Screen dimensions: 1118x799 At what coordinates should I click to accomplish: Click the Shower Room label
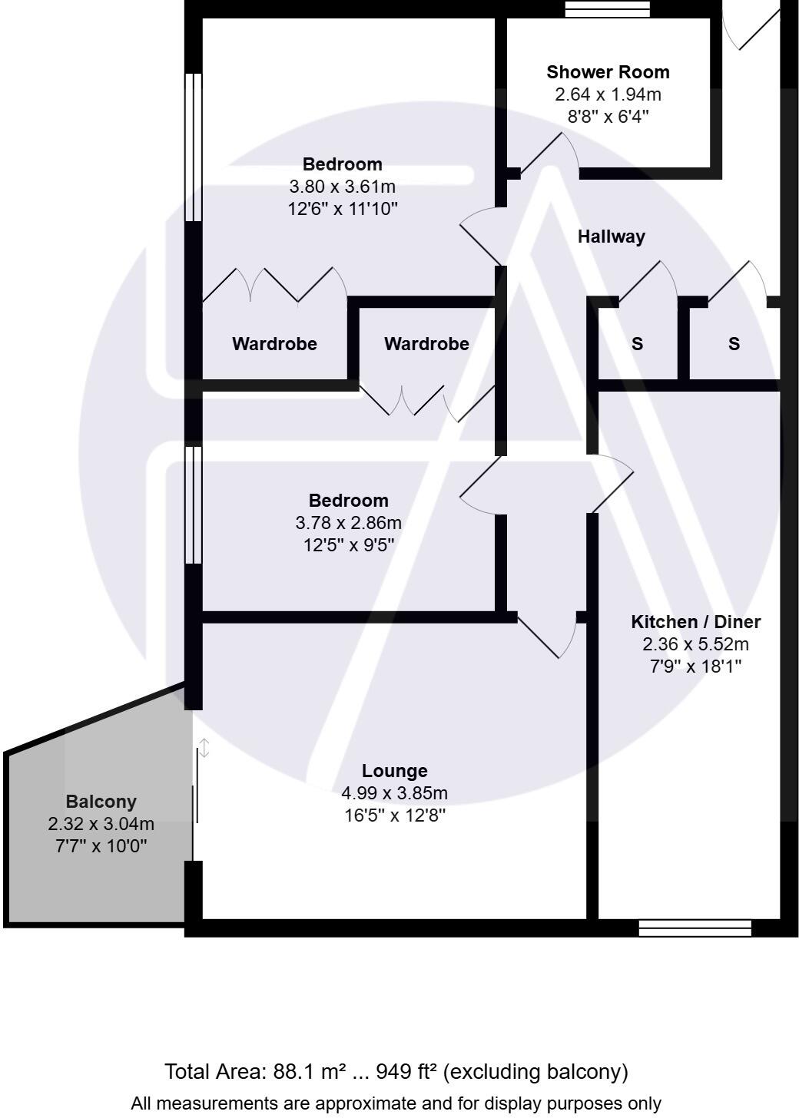[x=608, y=72]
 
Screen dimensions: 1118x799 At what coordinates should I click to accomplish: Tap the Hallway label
[x=611, y=237]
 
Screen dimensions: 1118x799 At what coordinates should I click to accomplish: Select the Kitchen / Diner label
[x=695, y=622]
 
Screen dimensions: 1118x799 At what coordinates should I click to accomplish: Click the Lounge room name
[x=394, y=771]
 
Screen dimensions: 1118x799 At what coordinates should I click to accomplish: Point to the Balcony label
[x=101, y=802]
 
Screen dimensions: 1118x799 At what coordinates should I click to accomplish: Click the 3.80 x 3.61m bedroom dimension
[x=342, y=187]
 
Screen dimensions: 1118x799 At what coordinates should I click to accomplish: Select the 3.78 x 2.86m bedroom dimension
[x=348, y=523]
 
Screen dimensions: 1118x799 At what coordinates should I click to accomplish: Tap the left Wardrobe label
[x=274, y=344]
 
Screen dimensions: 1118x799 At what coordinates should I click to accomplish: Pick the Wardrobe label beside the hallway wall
[x=426, y=344]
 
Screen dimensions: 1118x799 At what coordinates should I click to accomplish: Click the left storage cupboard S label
[x=637, y=344]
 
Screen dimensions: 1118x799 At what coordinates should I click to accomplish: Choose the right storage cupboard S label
[x=734, y=344]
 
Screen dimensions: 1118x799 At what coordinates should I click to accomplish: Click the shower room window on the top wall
[x=607, y=9]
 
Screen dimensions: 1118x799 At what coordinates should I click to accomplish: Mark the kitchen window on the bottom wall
[x=695, y=928]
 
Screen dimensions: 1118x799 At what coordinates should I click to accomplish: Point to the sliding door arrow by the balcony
[x=204, y=748]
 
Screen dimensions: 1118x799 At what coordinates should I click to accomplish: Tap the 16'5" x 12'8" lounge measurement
[x=394, y=815]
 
